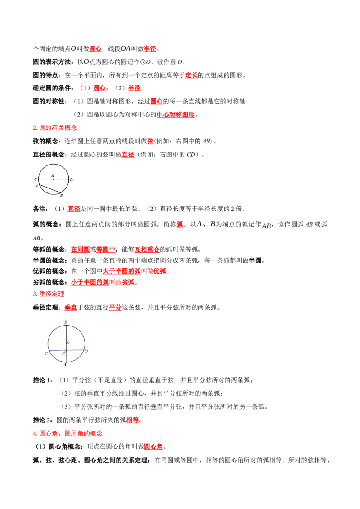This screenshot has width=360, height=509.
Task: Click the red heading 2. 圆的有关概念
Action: click(55, 128)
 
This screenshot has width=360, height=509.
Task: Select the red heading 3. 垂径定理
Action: click(49, 294)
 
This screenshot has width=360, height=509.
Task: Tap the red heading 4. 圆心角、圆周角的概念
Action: click(67, 433)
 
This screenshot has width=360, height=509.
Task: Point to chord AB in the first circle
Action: click(50, 189)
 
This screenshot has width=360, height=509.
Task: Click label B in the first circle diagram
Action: click(61, 196)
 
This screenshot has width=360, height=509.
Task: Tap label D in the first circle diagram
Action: click(71, 179)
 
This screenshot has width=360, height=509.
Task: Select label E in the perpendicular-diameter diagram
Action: click(63, 353)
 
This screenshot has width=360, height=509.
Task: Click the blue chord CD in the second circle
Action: click(66, 351)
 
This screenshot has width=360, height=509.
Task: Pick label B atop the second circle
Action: click(66, 322)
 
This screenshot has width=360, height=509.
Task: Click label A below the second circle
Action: click(65, 365)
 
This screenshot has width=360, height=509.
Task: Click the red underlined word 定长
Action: click(191, 75)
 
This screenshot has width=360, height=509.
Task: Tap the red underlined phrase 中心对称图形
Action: click(175, 115)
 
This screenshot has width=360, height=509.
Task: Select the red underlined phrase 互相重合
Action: click(147, 250)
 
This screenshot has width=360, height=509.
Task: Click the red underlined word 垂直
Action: click(71, 308)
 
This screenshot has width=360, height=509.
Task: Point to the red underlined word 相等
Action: click(133, 420)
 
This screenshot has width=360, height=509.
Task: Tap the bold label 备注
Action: click(40, 209)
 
